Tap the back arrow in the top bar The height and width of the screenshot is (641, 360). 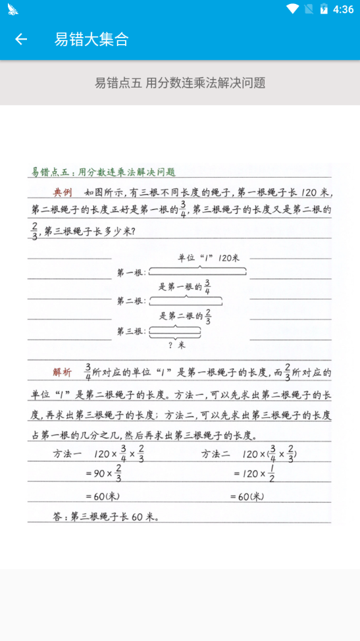pos(21,39)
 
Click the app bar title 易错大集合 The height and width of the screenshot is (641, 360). pos(91,39)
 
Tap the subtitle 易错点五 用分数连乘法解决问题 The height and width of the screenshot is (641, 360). pos(180,83)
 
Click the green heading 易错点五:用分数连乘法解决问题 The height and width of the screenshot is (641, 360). pos(103,172)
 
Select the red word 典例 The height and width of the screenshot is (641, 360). pos(63,193)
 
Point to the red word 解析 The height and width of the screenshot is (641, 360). pos(63,372)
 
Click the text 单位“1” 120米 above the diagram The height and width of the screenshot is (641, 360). pos(209,258)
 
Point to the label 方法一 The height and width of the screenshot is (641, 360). pos(68,454)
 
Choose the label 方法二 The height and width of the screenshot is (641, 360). pos(216,454)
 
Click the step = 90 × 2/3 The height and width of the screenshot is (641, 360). pos(104,474)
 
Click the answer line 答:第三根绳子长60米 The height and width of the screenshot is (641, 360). pos(105,517)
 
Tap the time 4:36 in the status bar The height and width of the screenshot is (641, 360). pos(343,9)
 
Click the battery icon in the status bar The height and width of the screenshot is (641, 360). pos(324,9)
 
